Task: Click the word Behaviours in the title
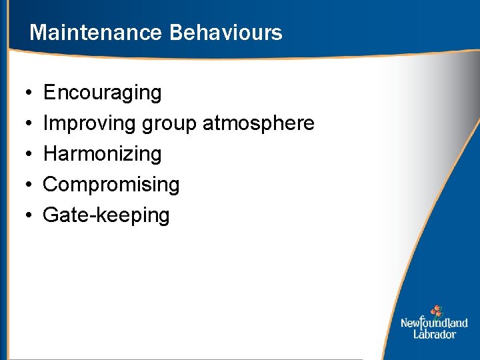(226, 33)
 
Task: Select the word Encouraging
(102, 93)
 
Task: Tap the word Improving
(90, 124)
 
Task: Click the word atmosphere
(258, 124)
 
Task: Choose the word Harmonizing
(102, 155)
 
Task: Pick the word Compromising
(111, 185)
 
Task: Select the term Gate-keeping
(106, 216)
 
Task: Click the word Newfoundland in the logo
(434, 323)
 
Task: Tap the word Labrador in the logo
(434, 334)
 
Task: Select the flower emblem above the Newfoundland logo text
(436, 311)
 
